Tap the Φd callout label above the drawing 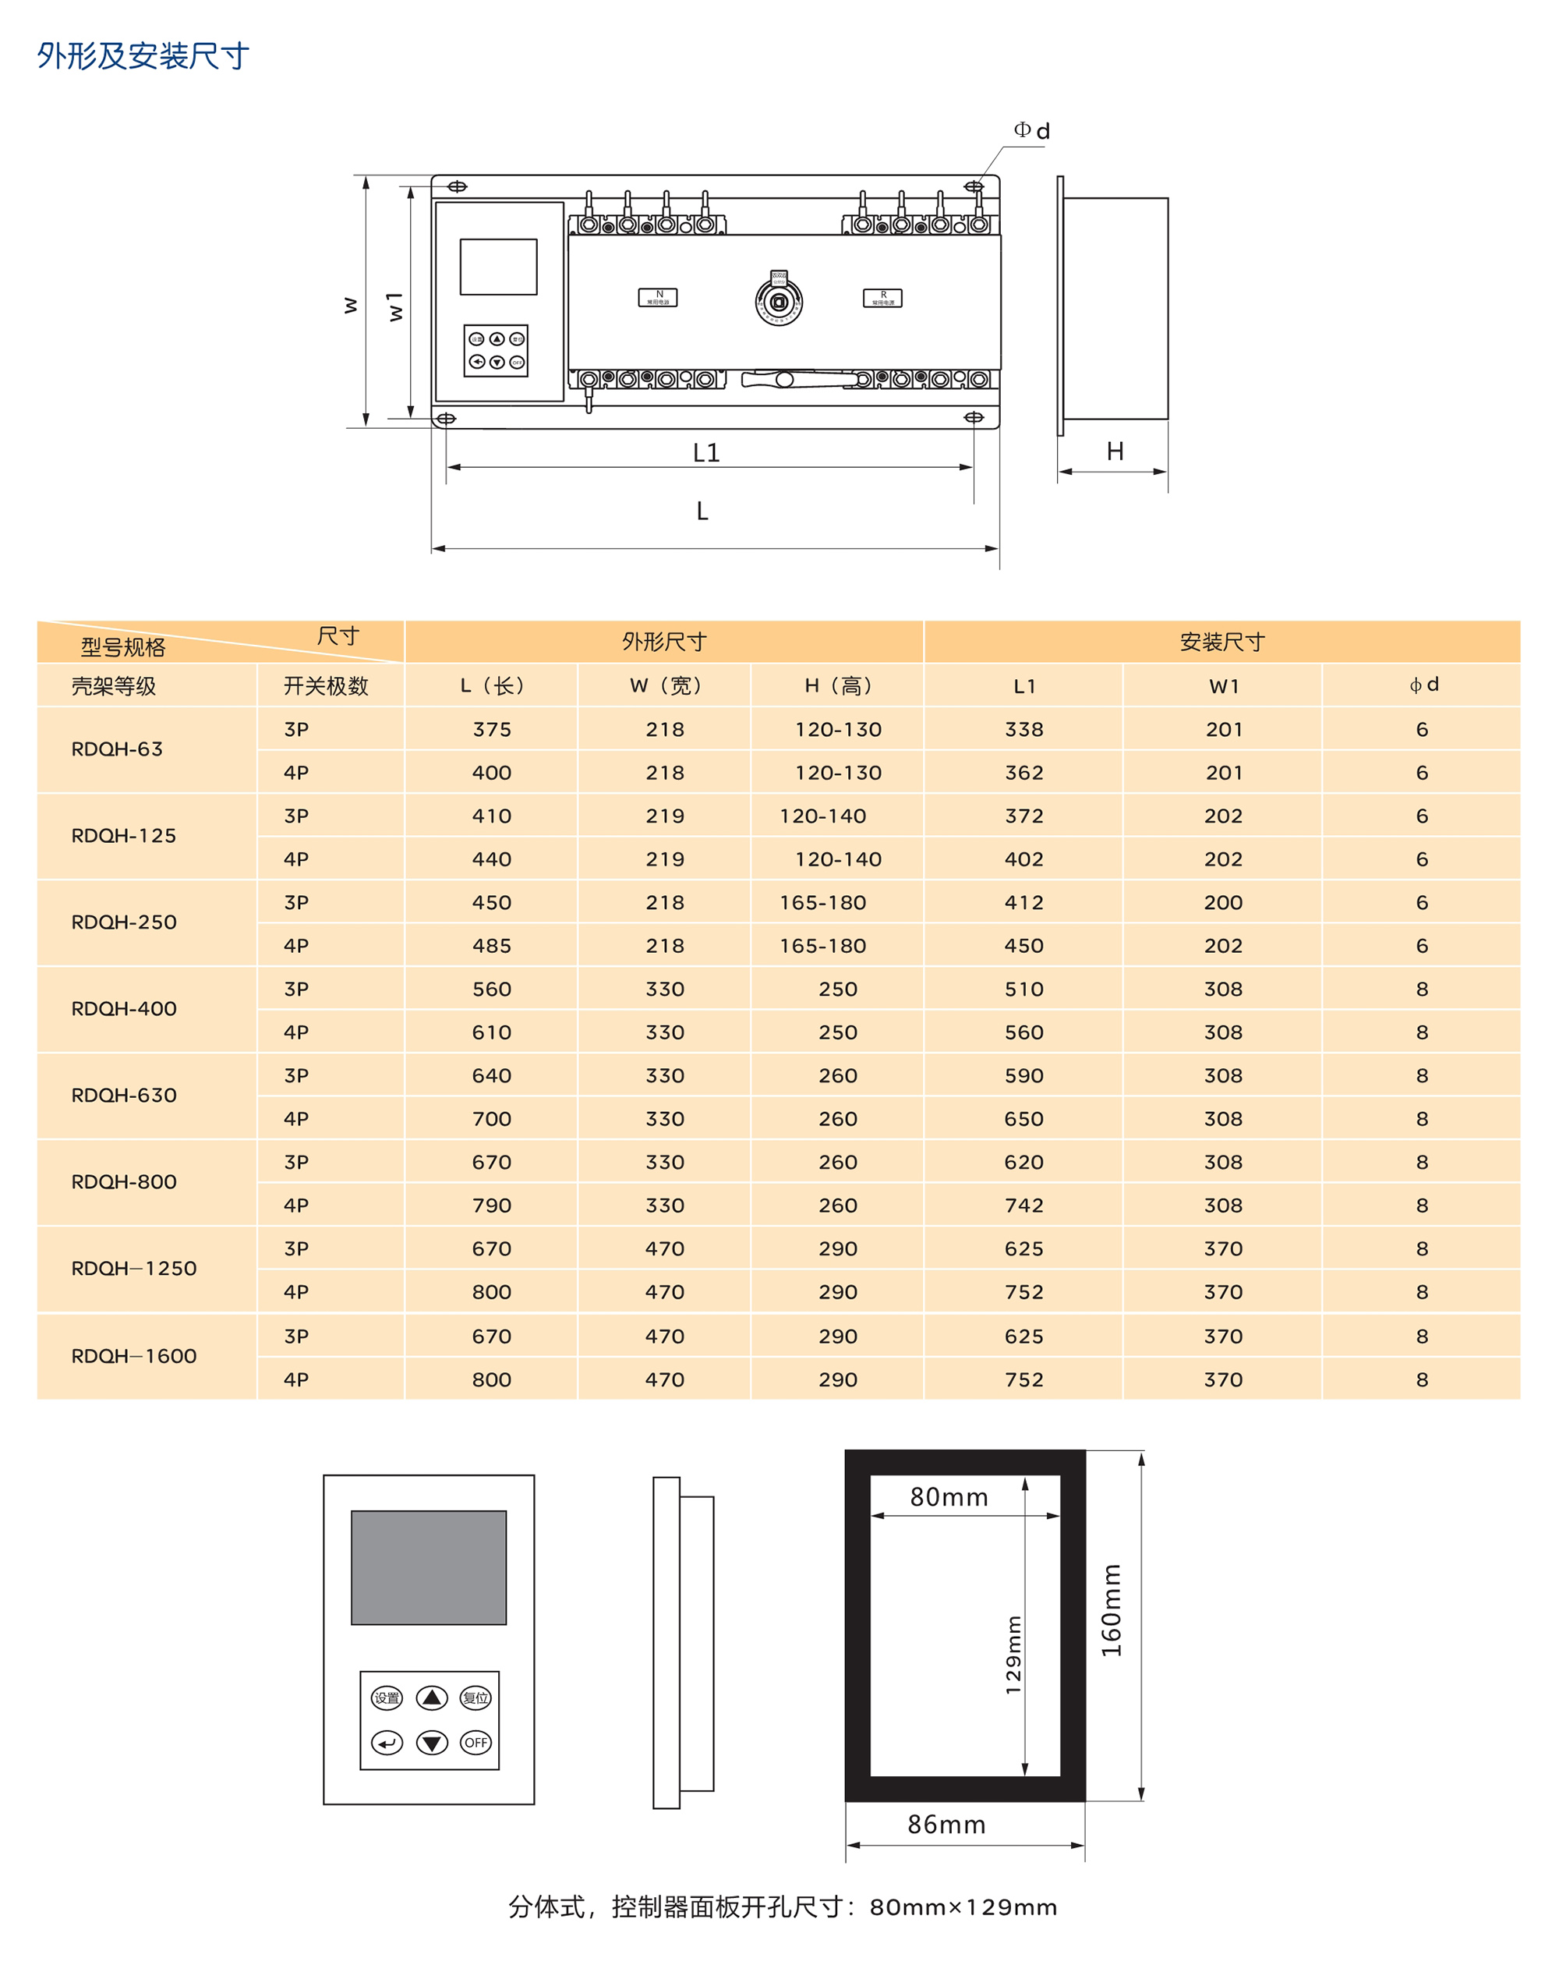[1031, 130]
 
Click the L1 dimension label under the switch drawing [705, 453]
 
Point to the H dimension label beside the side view [1115, 451]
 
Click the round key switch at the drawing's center [779, 300]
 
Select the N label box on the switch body [657, 298]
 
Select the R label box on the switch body [882, 298]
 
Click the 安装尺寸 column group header [1221, 642]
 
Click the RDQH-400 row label [124, 1009]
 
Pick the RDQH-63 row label [117, 749]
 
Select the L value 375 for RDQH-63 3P [491, 729]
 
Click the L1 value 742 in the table [1023, 1206]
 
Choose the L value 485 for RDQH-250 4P [491, 946]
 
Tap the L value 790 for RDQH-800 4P [491, 1206]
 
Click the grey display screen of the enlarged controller [428, 1567]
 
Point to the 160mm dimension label [1111, 1609]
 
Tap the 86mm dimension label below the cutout [946, 1824]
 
